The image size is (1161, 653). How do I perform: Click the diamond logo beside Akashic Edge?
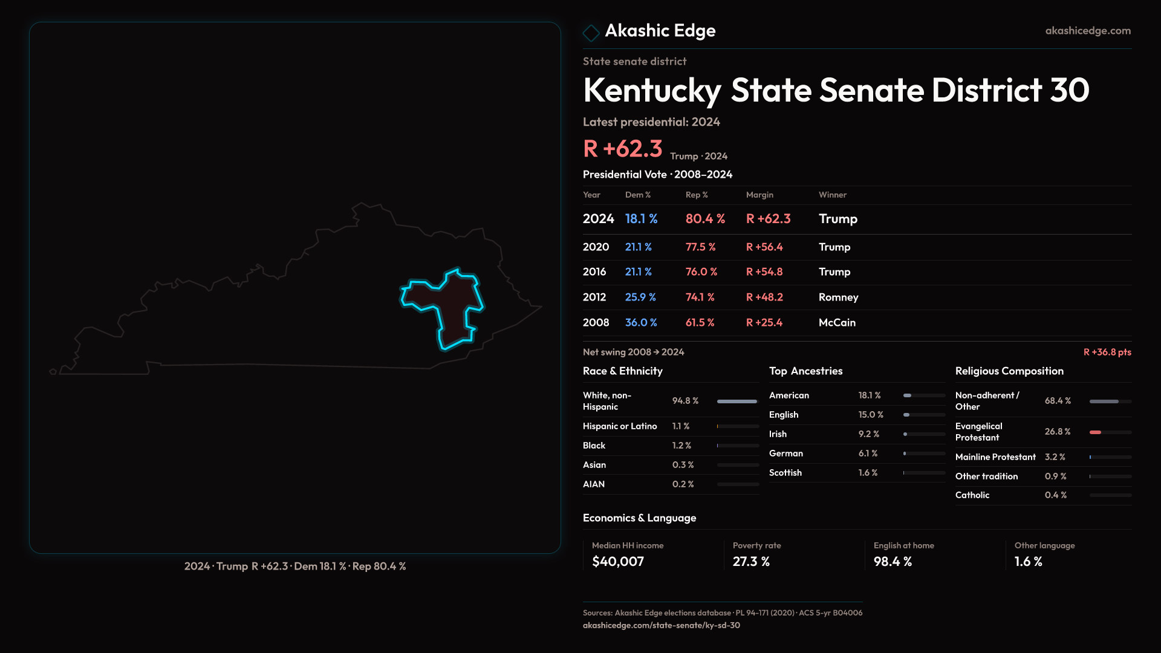591,32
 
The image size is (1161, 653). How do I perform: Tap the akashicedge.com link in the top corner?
1087,31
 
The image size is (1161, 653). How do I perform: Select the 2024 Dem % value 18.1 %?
641,219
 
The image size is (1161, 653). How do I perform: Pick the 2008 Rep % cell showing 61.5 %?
700,323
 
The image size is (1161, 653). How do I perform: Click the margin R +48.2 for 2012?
764,297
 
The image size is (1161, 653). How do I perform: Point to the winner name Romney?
838,297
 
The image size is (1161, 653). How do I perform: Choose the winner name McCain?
837,323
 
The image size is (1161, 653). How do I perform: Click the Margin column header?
759,195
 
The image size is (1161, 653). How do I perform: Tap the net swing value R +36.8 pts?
1107,352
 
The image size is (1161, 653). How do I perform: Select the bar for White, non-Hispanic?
737,401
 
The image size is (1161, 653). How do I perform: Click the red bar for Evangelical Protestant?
1095,432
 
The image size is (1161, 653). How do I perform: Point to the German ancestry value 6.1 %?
868,453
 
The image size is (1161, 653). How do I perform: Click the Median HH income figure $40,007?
618,562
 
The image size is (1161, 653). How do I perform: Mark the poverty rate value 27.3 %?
751,562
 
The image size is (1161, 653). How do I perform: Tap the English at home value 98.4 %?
893,562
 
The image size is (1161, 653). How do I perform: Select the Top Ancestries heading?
805,371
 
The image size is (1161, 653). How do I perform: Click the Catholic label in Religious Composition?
972,495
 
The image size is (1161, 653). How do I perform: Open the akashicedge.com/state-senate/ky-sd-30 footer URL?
661,626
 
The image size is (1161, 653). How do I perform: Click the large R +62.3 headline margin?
622,149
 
